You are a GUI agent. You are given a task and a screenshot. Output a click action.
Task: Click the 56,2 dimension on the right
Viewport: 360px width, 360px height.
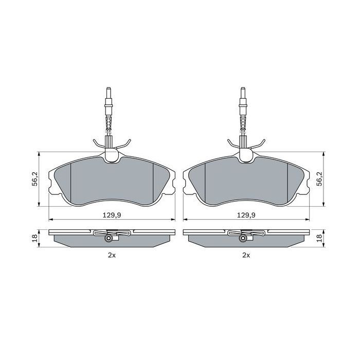pos(320,178)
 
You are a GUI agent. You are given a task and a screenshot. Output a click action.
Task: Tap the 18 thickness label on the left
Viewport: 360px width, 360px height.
pos(34,238)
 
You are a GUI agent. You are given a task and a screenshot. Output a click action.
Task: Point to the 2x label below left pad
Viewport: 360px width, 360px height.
pos(112,255)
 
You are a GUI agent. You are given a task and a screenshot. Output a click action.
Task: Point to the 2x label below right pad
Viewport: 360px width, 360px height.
pos(246,255)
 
